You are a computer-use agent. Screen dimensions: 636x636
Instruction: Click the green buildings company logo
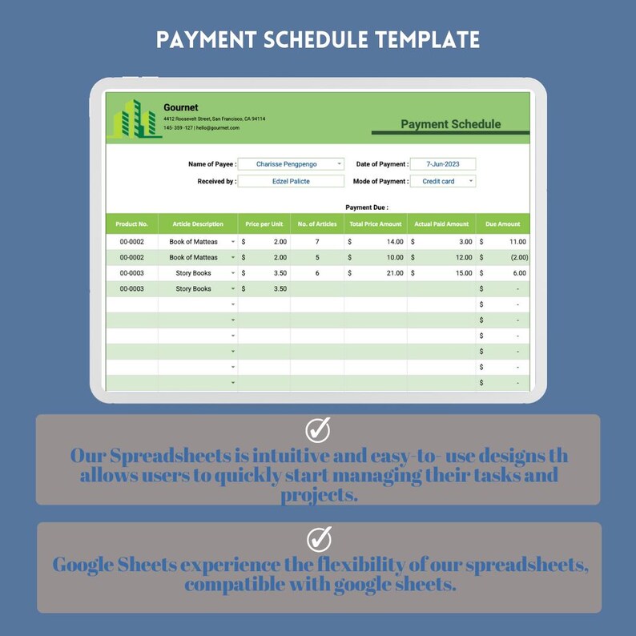click(137, 118)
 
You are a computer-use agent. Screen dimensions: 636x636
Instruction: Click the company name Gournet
click(180, 107)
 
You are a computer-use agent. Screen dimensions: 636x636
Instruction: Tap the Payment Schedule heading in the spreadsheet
click(450, 124)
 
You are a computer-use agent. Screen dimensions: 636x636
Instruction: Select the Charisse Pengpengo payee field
click(291, 164)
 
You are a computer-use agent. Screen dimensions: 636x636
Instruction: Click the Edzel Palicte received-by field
click(291, 181)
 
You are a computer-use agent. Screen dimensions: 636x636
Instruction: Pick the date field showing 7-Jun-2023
click(442, 164)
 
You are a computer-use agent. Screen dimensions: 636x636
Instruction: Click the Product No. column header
click(132, 224)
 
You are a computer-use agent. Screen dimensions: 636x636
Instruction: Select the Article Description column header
click(198, 224)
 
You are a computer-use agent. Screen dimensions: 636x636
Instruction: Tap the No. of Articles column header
click(317, 224)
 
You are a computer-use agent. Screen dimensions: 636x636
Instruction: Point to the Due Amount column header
click(502, 224)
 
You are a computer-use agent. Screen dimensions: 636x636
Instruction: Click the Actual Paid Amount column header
click(441, 224)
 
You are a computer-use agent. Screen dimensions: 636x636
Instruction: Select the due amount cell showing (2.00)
click(503, 257)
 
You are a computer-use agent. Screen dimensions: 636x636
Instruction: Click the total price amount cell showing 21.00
click(375, 273)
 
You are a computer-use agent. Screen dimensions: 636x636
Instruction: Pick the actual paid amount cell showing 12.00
click(441, 257)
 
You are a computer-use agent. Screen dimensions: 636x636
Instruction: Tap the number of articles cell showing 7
click(317, 241)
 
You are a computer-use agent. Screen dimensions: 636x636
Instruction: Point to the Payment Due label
click(367, 207)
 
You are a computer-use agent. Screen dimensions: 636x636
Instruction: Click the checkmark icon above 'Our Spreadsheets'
click(318, 430)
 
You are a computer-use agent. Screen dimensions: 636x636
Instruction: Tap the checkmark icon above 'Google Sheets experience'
click(318, 538)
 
